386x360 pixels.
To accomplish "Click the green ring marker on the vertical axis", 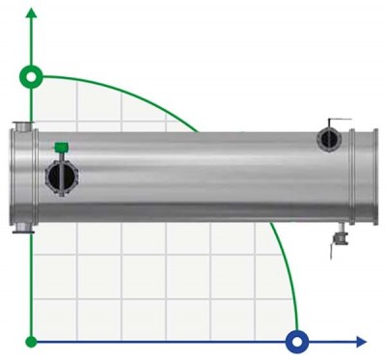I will point(32,76).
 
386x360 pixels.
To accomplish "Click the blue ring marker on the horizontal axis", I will point(297,341).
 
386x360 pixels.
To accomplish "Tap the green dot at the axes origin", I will point(32,341).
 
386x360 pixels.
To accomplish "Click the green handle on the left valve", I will point(61,147).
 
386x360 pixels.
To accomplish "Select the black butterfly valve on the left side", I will point(61,177).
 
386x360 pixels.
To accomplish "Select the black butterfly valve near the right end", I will point(330,140).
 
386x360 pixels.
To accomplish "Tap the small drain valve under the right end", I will point(339,236).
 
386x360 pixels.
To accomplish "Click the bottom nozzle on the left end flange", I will point(19,228).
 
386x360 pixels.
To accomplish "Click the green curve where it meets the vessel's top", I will point(196,129).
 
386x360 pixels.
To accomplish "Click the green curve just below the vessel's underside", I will point(275,232).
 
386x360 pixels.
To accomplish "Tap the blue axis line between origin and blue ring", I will point(164,341).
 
